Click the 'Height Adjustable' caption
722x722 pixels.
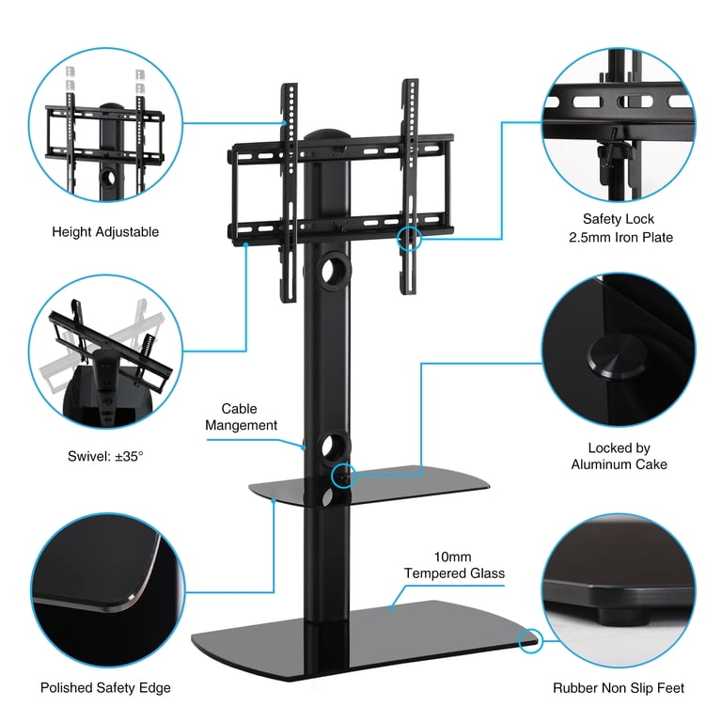pyautogui.click(x=105, y=231)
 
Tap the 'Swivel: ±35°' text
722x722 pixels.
pyautogui.click(x=105, y=456)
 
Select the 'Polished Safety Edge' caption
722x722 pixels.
pyautogui.click(x=105, y=687)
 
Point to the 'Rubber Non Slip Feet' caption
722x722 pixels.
pyautogui.click(x=619, y=688)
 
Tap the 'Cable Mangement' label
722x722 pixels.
pyautogui.click(x=241, y=416)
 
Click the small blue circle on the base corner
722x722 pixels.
pyautogui.click(x=530, y=640)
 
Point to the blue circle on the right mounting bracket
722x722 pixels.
pyautogui.click(x=409, y=239)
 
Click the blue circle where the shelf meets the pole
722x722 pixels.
pyautogui.click(x=343, y=476)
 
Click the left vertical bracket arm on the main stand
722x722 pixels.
pyautogui.click(x=290, y=193)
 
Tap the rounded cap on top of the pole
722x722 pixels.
pyautogui.click(x=326, y=134)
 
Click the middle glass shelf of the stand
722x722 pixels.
pyautogui.click(x=369, y=486)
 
